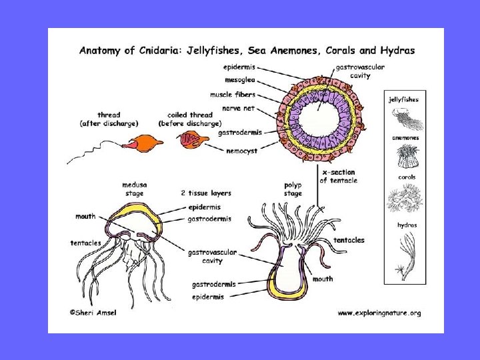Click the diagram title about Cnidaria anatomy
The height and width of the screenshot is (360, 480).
[247, 50]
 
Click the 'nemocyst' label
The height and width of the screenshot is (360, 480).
[242, 151]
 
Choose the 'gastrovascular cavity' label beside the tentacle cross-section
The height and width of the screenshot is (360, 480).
[353, 71]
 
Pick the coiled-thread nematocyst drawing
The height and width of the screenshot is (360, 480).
[189, 141]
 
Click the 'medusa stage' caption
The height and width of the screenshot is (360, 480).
[135, 189]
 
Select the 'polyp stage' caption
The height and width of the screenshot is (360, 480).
[293, 189]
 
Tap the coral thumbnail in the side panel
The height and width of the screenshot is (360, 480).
[405, 198]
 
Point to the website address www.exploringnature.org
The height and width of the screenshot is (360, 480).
[379, 312]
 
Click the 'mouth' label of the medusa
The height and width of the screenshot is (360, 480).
[85, 217]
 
